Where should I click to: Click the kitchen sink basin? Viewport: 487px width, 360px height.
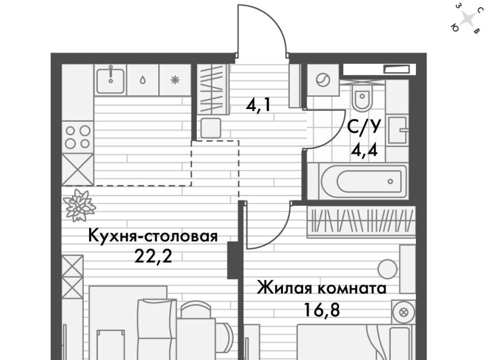point(110,81)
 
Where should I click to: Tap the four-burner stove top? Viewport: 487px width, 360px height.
point(78,137)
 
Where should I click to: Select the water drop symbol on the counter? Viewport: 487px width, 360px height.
point(143,81)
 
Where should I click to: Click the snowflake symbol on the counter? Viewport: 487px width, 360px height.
point(175,81)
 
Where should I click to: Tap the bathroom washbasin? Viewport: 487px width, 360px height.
point(398,130)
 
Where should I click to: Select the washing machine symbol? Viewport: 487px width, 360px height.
point(323,81)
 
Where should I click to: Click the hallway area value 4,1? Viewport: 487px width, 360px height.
point(258,105)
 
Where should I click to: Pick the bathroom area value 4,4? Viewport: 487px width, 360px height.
point(364,151)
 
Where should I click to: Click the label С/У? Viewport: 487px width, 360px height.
point(364,126)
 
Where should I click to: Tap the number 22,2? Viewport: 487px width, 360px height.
point(153,257)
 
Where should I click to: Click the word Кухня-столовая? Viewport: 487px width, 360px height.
point(153,236)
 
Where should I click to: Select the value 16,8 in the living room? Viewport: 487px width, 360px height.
point(322,309)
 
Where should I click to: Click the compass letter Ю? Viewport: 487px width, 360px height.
point(455,28)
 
